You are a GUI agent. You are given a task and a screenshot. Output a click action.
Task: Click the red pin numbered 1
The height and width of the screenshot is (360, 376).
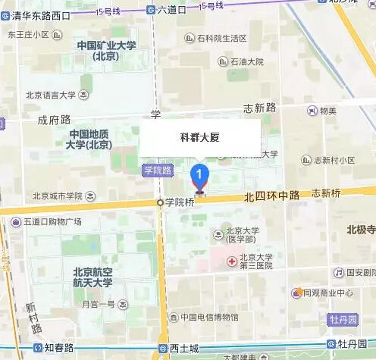pos(199,175)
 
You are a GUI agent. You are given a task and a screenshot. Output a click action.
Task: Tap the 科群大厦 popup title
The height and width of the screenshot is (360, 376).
pos(199,138)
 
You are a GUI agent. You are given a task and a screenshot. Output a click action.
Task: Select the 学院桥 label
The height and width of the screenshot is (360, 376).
pos(180,202)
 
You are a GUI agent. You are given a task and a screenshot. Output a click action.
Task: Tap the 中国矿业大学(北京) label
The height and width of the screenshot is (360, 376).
pos(106,51)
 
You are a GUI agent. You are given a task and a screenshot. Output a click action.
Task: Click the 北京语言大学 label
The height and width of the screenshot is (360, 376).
pos(51,95)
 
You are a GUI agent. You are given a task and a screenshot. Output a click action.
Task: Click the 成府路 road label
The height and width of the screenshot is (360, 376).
pos(54,119)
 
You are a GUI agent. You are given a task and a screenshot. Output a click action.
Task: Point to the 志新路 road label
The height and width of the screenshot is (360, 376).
pos(258,108)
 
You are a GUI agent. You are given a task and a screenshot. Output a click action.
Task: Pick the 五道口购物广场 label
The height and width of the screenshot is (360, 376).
pos(52,222)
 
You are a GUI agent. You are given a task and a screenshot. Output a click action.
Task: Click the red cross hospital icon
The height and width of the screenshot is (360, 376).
pos(232,261)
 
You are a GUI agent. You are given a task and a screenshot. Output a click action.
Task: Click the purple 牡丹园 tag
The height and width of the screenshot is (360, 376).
pos(342,321)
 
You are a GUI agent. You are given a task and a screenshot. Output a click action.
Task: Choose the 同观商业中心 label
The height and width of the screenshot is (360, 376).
pos(329,293)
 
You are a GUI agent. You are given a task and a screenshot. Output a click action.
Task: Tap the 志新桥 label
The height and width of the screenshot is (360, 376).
pos(326,193)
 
